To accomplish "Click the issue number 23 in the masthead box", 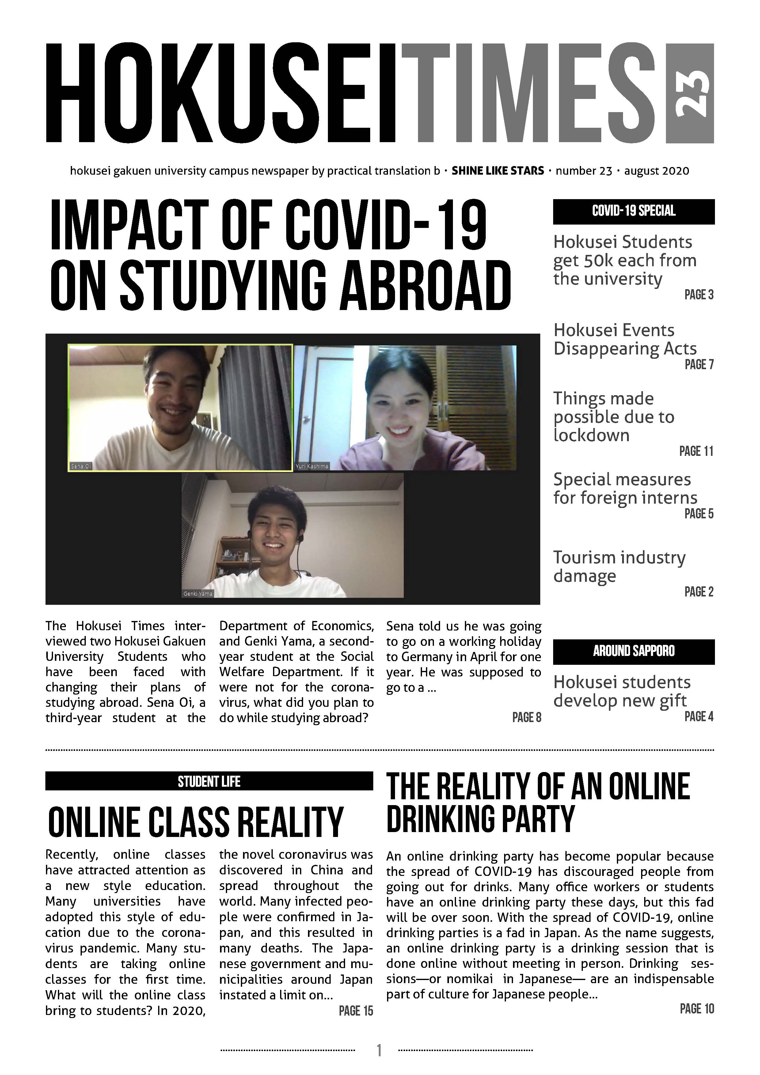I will (690, 93).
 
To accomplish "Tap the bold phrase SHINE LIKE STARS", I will (497, 171).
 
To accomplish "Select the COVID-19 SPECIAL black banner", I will (633, 211).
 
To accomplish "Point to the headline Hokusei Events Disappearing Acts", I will (625, 339).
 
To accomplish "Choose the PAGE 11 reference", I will (696, 451).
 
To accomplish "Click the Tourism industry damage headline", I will (619, 566).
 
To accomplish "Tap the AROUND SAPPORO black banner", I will (633, 651).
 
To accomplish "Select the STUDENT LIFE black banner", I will (209, 782).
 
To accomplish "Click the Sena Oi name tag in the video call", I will (81, 466).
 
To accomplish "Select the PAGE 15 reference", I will (356, 1011).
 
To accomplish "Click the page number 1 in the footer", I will (379, 1050).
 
